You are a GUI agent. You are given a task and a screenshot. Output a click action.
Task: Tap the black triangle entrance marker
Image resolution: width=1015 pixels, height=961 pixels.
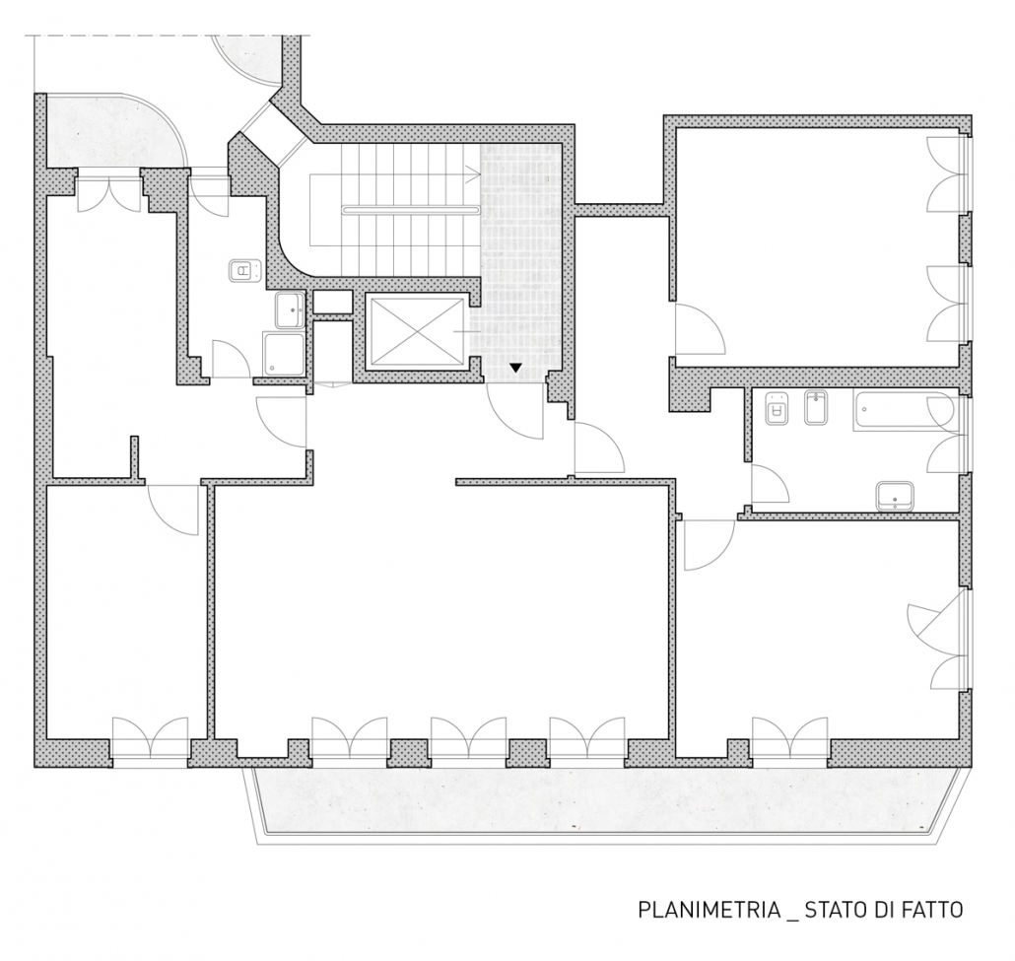tap(515, 368)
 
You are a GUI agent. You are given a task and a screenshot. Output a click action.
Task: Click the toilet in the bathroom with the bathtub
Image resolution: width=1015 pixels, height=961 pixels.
tap(776, 408)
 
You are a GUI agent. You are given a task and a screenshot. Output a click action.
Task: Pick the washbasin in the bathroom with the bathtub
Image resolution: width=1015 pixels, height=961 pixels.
tap(895, 496)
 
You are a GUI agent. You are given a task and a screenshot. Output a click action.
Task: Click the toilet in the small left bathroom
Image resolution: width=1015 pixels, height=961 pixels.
tap(245, 270)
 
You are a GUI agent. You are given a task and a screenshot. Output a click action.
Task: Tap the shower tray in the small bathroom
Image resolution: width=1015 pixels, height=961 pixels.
tap(284, 354)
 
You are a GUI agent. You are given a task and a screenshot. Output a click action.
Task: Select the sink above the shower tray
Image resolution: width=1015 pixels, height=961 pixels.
tap(291, 310)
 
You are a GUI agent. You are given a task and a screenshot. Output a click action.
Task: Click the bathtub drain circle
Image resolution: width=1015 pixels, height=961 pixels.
tap(865, 411)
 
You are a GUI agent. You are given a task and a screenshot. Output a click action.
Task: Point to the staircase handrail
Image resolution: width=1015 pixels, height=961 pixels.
tap(412, 209)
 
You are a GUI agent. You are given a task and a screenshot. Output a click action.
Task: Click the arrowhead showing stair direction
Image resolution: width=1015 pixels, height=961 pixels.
tap(473, 174)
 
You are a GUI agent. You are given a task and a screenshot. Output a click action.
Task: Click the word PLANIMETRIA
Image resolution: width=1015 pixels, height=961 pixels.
tap(710, 909)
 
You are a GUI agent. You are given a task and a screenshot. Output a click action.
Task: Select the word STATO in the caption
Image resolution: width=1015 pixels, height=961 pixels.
tap(835, 909)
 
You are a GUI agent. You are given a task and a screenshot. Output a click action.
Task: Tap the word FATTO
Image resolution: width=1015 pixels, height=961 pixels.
tap(931, 909)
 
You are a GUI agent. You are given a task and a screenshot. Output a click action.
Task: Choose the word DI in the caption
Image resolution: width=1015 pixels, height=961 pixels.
tap(882, 909)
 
